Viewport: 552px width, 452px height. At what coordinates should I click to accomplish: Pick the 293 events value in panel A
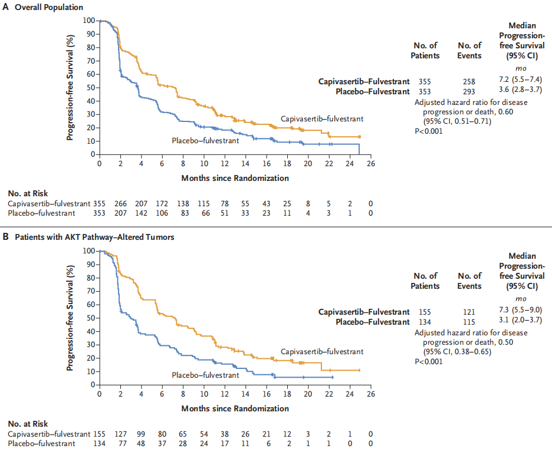pyautogui.click(x=469, y=91)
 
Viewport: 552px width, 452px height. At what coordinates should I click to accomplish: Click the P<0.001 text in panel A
pyautogui.click(x=428, y=131)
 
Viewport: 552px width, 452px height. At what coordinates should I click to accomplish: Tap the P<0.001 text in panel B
pyautogui.click(x=428, y=361)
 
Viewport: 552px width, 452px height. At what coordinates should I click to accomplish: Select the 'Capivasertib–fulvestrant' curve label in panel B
pyautogui.click(x=321, y=352)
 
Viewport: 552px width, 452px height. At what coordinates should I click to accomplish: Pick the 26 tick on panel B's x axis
pyautogui.click(x=370, y=395)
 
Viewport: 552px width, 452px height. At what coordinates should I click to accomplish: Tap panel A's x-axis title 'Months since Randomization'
pyautogui.click(x=235, y=178)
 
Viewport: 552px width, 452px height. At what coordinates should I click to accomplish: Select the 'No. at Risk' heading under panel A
pyautogui.click(x=28, y=193)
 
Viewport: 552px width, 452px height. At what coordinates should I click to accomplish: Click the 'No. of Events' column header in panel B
pyautogui.click(x=469, y=281)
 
